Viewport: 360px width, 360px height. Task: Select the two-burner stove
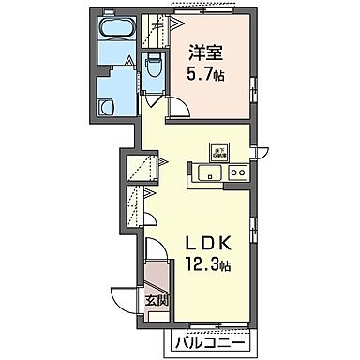[x=237, y=172]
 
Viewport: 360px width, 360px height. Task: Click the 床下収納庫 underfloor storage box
[x=217, y=152]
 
